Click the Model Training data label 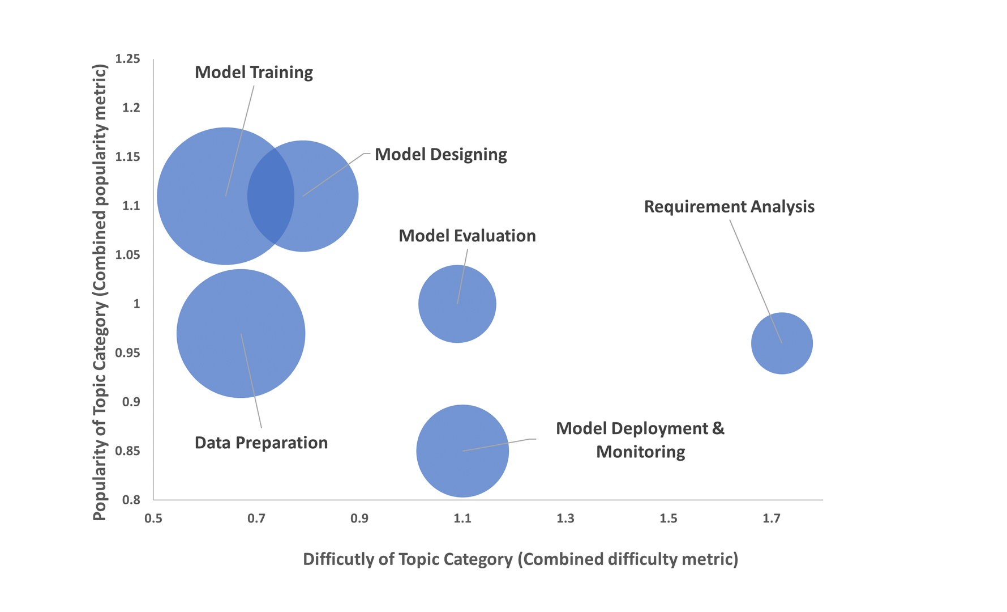[254, 73]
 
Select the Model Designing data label [440, 155]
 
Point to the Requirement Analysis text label [729, 207]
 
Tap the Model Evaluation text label [467, 236]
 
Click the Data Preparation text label [261, 443]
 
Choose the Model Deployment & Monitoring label [640, 440]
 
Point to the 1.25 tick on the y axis [127, 59]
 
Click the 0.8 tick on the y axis [131, 500]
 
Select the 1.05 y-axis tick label [127, 255]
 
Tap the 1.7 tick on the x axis [771, 518]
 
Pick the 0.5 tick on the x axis [153, 518]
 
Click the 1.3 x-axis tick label [565, 518]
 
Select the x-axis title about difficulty [520, 559]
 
